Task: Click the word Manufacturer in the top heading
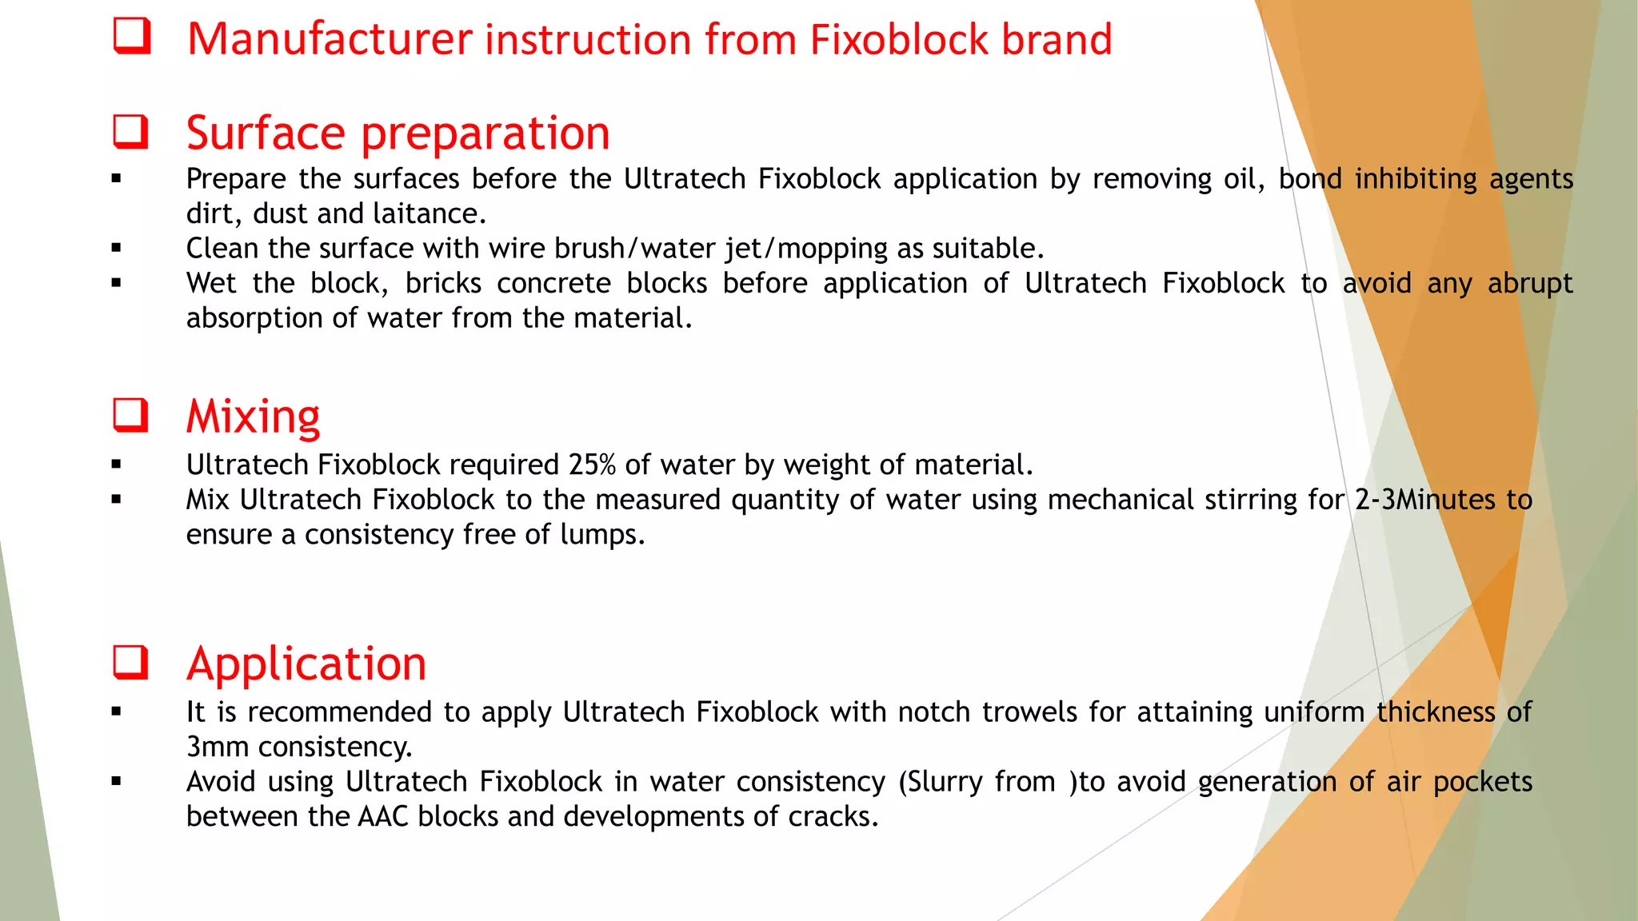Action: [x=330, y=39]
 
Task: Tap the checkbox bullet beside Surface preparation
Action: [x=130, y=132]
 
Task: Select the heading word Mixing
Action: [x=253, y=417]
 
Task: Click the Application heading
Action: [x=306, y=664]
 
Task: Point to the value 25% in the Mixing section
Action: [x=592, y=464]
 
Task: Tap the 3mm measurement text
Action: [x=218, y=747]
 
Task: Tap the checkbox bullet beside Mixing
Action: [x=130, y=416]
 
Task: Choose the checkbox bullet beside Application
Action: [x=130, y=663]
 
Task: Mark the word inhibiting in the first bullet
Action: [x=1415, y=179]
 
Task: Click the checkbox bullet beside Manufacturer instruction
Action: [x=131, y=37]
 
